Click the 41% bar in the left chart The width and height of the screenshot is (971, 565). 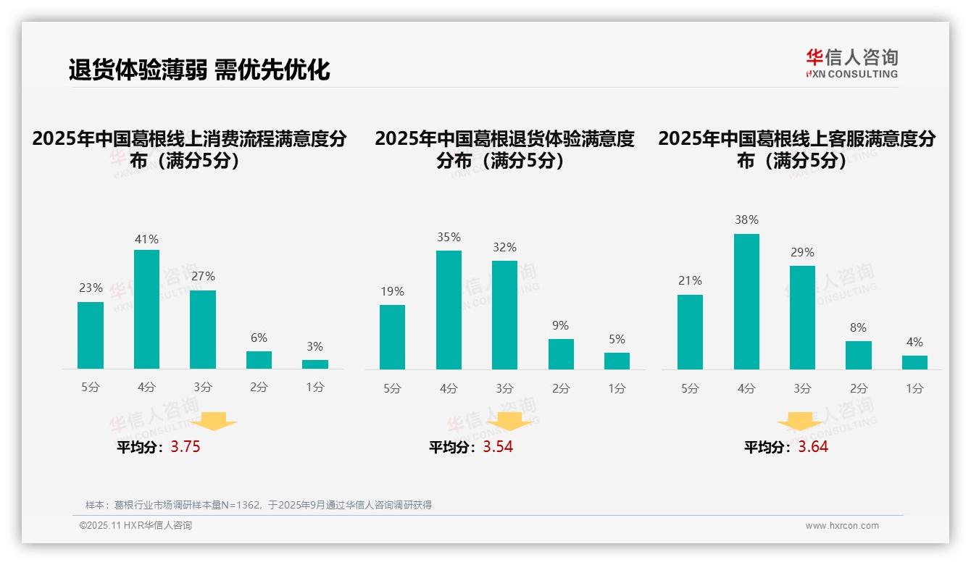click(146, 309)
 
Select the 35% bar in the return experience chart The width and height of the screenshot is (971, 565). click(449, 310)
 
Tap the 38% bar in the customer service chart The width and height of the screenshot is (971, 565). click(746, 301)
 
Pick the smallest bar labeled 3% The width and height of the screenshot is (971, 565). click(315, 364)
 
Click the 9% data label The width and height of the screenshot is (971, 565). click(560, 326)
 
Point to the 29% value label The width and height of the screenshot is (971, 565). click(802, 252)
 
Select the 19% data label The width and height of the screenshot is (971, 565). click(392, 291)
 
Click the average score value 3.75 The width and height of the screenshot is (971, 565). click(186, 447)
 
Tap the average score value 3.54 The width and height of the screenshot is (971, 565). click(498, 447)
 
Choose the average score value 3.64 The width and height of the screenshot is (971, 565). click(813, 447)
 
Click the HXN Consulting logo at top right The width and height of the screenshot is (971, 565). click(851, 64)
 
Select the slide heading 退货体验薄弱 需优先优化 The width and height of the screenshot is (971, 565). click(199, 70)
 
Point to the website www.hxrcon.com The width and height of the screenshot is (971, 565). click(842, 526)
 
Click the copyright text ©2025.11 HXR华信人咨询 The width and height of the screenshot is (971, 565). click(136, 526)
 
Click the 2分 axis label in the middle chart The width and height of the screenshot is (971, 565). click(561, 388)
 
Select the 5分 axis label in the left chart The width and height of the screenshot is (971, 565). click(91, 388)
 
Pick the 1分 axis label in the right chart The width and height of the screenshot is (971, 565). click(914, 388)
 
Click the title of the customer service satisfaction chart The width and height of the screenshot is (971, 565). click(796, 149)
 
